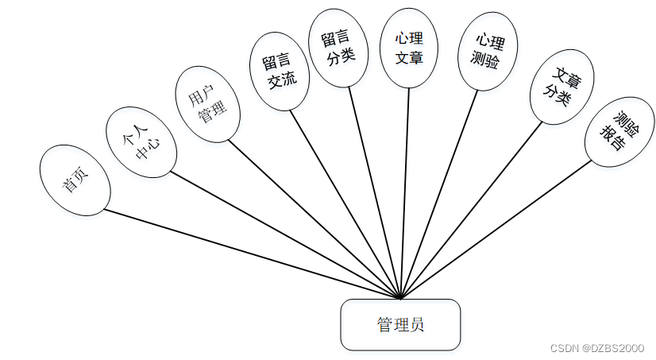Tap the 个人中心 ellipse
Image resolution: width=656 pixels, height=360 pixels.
pos(141,143)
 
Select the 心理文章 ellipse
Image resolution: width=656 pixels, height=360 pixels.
pos(409,48)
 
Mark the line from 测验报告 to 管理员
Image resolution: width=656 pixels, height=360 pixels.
pos(496,230)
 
